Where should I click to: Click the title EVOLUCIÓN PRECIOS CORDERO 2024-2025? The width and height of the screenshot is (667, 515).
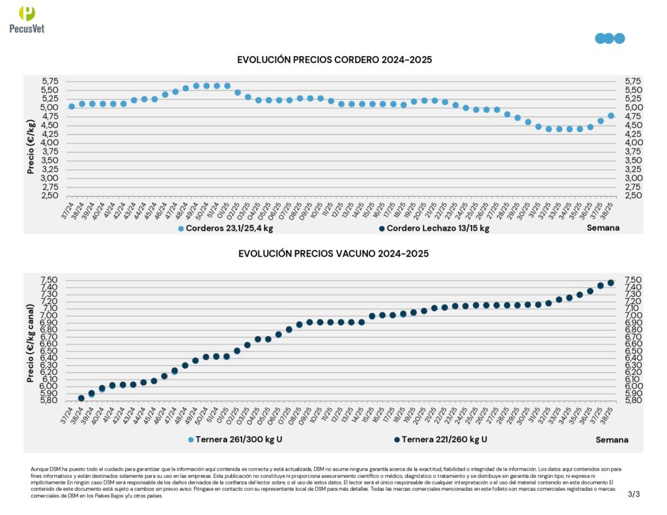pyautogui.click(x=335, y=60)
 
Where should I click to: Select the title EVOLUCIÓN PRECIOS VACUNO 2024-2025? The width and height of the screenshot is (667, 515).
pyautogui.click(x=333, y=254)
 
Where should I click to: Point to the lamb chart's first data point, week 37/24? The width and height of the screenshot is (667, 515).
pyautogui.click(x=72, y=106)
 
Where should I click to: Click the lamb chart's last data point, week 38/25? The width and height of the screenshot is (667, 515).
pyautogui.click(x=611, y=116)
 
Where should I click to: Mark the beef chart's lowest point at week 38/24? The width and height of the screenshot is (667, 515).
pyautogui.click(x=81, y=398)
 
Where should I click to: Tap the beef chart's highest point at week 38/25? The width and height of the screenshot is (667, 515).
pyautogui.click(x=611, y=283)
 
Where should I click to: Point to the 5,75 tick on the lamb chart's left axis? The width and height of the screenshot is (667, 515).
pyautogui.click(x=50, y=81)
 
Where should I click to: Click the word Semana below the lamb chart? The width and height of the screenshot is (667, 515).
pyautogui.click(x=603, y=228)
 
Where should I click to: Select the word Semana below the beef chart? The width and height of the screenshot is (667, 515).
pyautogui.click(x=612, y=439)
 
